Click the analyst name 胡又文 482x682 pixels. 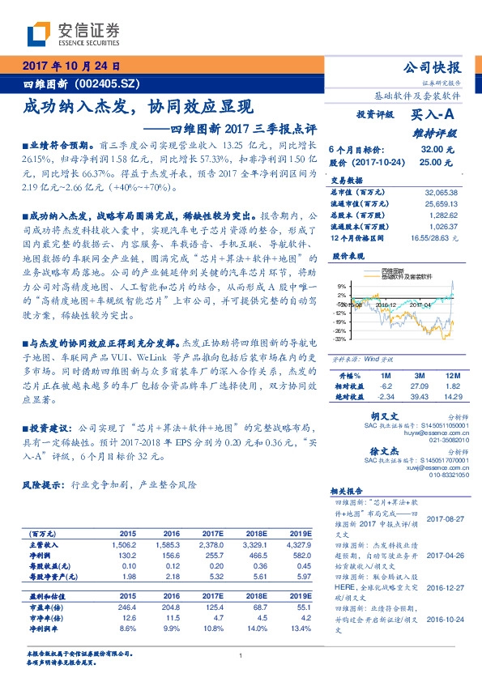click(376, 415)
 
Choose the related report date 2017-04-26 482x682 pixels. click(444, 556)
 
